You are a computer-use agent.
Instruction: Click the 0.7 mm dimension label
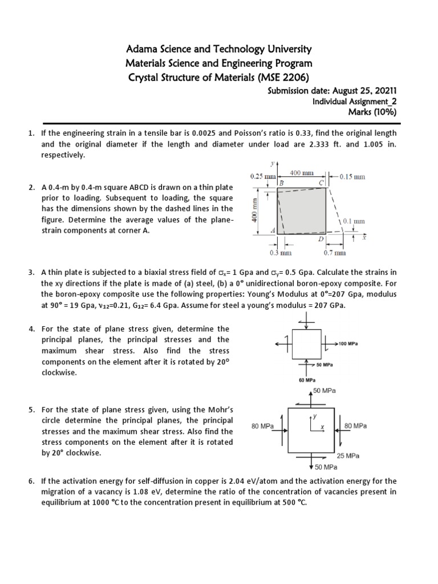click(335, 252)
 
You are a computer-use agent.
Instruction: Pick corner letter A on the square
click(273, 230)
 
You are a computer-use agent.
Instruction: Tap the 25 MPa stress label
click(348, 456)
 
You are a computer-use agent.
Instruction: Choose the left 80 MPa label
click(263, 425)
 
